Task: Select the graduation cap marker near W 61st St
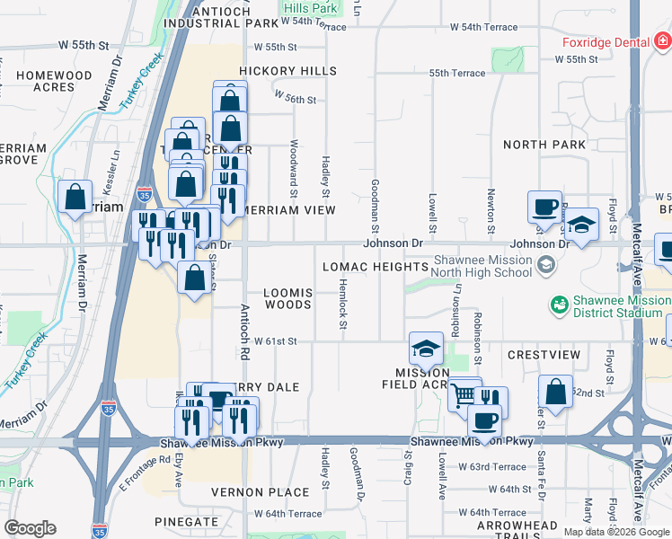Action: [427, 349]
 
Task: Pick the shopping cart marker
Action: [464, 394]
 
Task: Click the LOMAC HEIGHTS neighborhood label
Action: [375, 267]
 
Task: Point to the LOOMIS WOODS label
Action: [287, 298]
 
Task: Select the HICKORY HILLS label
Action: [287, 71]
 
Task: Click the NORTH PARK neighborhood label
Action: [544, 145]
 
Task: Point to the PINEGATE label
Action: [186, 521]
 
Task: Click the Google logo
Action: [30, 528]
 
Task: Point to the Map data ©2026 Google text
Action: [615, 532]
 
